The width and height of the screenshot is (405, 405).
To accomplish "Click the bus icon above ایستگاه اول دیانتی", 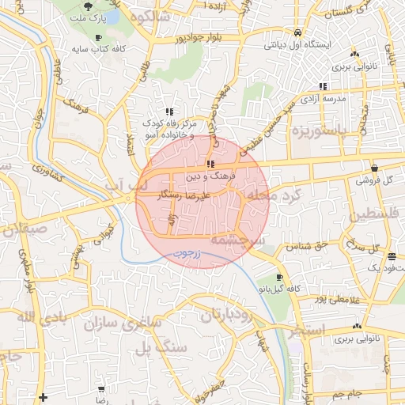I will click(x=297, y=33).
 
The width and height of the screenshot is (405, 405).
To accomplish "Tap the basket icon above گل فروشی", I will click(x=373, y=168).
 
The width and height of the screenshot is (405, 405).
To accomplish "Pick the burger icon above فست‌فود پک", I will click(x=392, y=256).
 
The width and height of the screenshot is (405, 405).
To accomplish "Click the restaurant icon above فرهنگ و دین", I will click(x=210, y=165).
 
